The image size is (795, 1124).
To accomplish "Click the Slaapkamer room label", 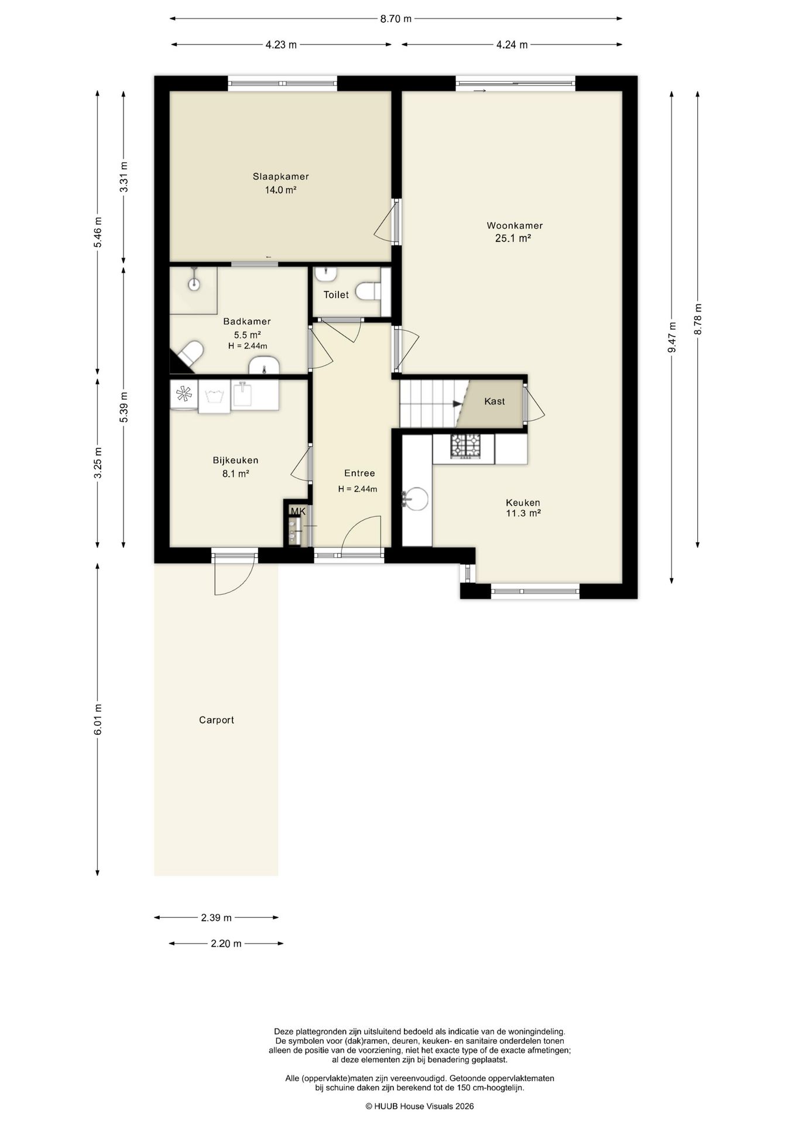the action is tap(280, 176).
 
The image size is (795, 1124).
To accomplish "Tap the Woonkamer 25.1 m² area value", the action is tap(513, 238).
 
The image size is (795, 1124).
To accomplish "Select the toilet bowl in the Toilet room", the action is tap(368, 290).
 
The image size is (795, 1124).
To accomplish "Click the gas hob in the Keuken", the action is tap(465, 446).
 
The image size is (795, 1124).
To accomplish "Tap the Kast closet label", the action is tap(495, 402).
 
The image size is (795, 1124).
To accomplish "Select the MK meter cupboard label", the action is tap(298, 512).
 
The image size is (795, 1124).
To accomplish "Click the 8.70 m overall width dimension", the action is tap(396, 19).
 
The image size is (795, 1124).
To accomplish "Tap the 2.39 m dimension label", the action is tap(217, 917).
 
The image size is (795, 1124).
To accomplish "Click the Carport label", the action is tap(217, 720).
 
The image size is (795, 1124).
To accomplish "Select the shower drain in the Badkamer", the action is tap(194, 284).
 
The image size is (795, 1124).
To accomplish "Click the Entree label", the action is tap(359, 473).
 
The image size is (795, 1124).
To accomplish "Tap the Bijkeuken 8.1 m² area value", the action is tap(236, 474).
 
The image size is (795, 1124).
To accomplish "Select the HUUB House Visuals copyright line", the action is tap(420, 1106).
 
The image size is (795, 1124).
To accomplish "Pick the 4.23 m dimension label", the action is tap(281, 44).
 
